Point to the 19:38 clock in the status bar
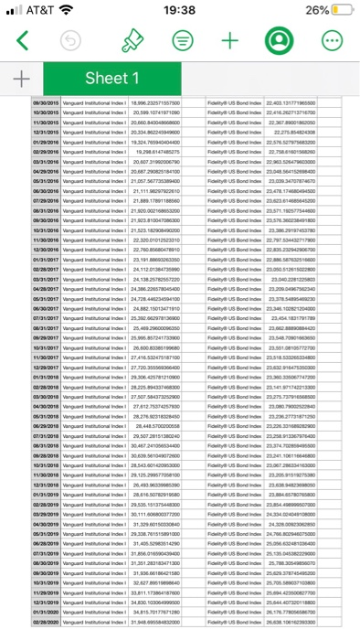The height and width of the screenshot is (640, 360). (x=179, y=10)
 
